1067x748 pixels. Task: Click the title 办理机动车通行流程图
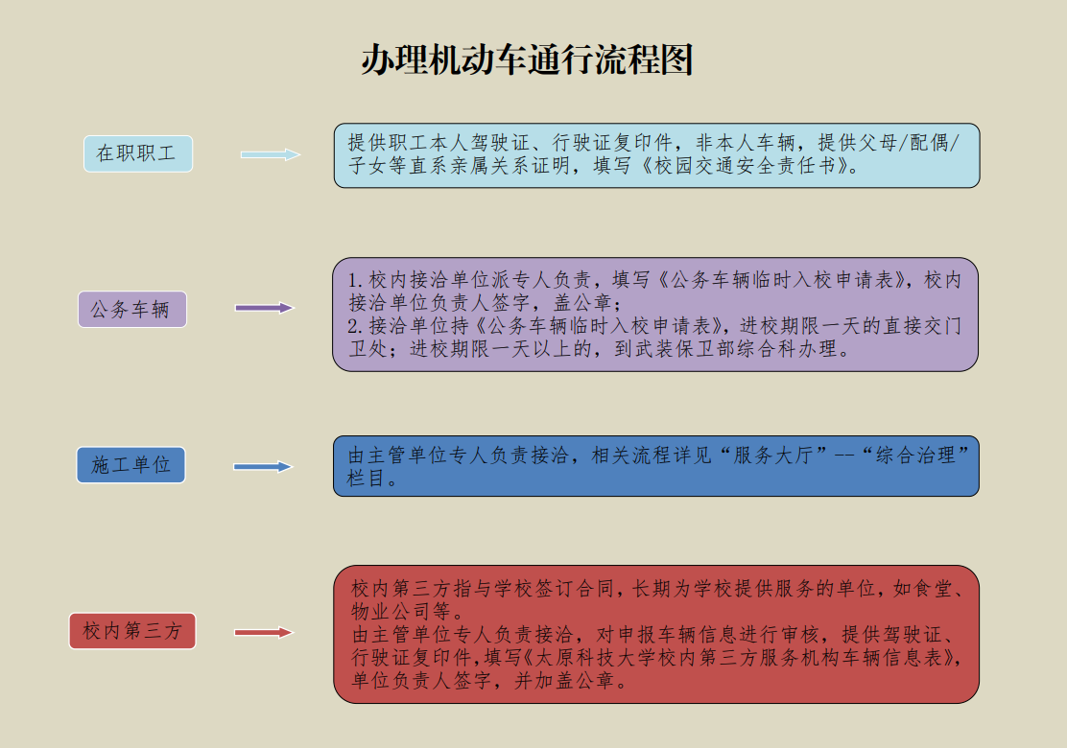point(528,59)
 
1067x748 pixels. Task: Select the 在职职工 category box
point(138,153)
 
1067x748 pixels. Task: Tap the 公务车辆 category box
point(132,310)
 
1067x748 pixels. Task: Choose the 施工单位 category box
point(130,465)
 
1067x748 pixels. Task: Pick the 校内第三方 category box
point(132,631)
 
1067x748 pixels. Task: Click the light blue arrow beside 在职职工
point(271,154)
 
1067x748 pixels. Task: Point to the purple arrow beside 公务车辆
point(264,308)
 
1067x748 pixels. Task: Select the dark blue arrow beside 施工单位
point(263,466)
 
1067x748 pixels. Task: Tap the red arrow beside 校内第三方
point(263,632)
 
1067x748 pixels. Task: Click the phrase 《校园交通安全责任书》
point(746,166)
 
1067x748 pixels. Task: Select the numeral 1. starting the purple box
point(355,280)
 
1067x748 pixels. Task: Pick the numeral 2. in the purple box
point(355,326)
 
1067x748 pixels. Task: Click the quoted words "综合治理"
point(915,455)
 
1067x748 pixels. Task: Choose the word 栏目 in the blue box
point(367,478)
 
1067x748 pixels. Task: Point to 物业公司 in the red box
point(391,611)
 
